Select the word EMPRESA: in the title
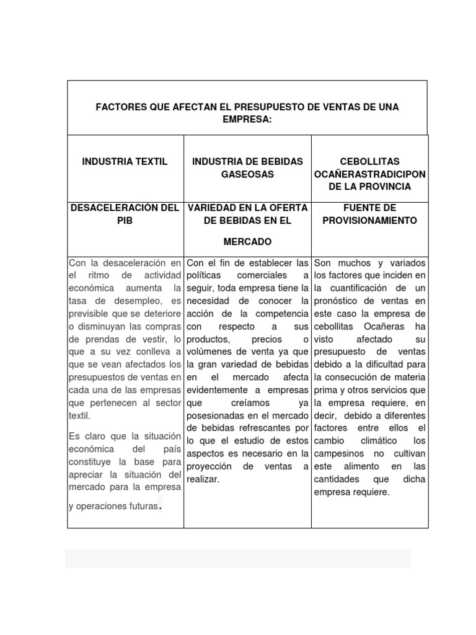pos(247,118)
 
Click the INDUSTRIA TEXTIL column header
pos(125,162)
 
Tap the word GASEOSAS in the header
pos(247,174)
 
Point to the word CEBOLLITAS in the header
pos(370,162)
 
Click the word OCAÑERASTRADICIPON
pos(370,174)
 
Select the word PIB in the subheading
pos(125,220)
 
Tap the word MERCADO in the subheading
pos(247,241)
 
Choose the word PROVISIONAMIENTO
pos(370,220)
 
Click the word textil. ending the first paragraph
pos(79,415)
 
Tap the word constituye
pos(90,462)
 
